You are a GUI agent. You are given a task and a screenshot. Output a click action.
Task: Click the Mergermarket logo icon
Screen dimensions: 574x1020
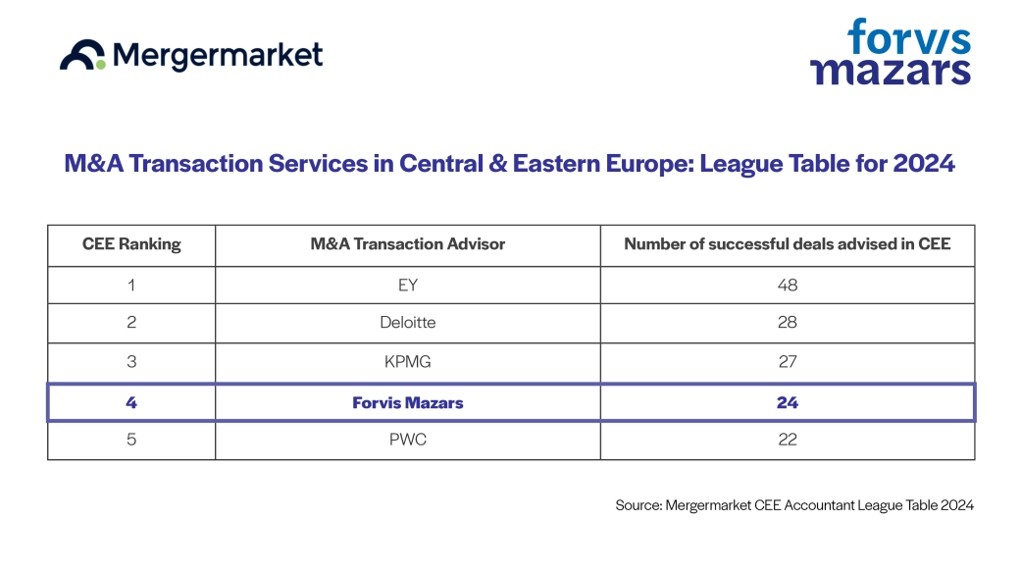pyautogui.click(x=82, y=56)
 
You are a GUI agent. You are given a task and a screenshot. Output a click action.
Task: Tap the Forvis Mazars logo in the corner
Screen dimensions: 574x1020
pyautogui.click(x=890, y=52)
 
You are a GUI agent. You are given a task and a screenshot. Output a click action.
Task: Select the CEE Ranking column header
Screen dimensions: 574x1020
pyautogui.click(x=131, y=244)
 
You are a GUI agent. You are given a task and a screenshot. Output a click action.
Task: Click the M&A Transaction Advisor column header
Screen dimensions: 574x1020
pyautogui.click(x=407, y=244)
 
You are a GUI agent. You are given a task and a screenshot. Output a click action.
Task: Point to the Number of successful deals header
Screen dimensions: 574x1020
pyautogui.click(x=787, y=244)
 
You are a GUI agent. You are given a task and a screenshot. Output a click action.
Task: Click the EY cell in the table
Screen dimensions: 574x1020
pyautogui.click(x=407, y=286)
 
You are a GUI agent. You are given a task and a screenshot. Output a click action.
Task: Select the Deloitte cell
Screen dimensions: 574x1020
pyautogui.click(x=407, y=323)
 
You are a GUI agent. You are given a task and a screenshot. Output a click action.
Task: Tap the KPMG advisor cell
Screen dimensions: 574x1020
pyautogui.click(x=407, y=362)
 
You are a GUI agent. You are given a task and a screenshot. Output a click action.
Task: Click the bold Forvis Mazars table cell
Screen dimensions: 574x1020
pyautogui.click(x=407, y=402)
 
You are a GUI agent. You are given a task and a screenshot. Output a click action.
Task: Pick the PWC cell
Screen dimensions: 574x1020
pyautogui.click(x=407, y=441)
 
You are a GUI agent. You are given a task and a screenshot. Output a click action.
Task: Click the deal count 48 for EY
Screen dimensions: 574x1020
pyautogui.click(x=787, y=286)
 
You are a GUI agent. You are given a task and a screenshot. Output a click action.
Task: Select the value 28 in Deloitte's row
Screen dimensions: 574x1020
pyautogui.click(x=787, y=323)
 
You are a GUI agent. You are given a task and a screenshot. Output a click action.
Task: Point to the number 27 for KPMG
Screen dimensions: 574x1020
pyautogui.click(x=787, y=362)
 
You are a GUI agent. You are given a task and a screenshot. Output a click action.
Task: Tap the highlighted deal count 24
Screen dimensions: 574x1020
pyautogui.click(x=787, y=402)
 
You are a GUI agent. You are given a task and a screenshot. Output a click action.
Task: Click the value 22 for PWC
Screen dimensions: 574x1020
pyautogui.click(x=787, y=441)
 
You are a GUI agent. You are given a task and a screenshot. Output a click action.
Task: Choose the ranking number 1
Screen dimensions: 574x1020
pyautogui.click(x=131, y=286)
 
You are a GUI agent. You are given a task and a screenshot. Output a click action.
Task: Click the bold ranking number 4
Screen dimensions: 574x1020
pyautogui.click(x=131, y=402)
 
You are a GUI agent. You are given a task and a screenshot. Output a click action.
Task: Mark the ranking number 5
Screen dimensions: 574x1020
pyautogui.click(x=131, y=441)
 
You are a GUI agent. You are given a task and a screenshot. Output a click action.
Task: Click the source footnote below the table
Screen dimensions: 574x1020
pyautogui.click(x=794, y=505)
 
